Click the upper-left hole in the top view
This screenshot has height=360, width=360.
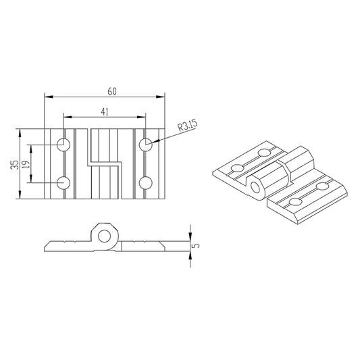[x=63, y=145]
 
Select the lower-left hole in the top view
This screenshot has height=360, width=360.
[x=63, y=182]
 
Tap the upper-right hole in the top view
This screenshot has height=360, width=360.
[x=146, y=145]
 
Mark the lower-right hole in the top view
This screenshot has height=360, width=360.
[x=146, y=182]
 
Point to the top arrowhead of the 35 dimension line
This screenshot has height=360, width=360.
[x=20, y=131]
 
